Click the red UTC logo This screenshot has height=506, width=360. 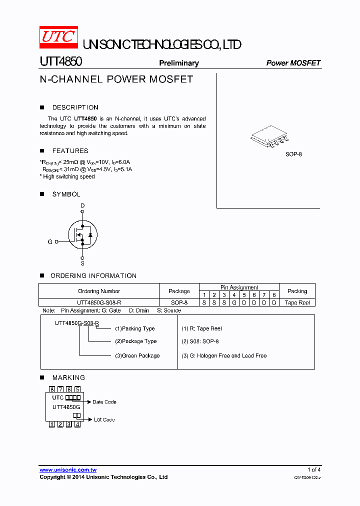tap(58, 37)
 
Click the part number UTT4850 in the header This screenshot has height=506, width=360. tap(60, 62)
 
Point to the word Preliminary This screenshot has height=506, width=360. tap(178, 63)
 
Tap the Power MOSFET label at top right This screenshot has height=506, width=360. tap(293, 63)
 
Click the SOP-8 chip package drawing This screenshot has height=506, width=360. tap(269, 137)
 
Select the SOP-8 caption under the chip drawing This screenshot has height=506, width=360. tap(293, 154)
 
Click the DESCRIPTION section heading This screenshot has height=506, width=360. tap(75, 107)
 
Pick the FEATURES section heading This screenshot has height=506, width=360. tap(70, 151)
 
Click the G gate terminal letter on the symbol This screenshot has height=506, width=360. tap(50, 242)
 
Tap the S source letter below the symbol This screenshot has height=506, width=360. tap(82, 263)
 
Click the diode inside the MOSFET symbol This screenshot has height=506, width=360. tap(90, 234)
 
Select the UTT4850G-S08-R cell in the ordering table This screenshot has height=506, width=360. tap(99, 302)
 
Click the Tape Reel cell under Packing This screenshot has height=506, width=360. tap(297, 302)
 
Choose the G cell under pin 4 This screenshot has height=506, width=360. tap(234, 302)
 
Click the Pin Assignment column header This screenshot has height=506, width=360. tap(239, 287)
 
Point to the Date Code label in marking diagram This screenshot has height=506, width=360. tap(104, 402)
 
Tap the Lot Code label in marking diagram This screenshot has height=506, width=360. tap(104, 419)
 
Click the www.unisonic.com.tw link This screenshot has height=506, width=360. tap(68, 470)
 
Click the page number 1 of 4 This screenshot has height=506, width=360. tap(314, 469)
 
